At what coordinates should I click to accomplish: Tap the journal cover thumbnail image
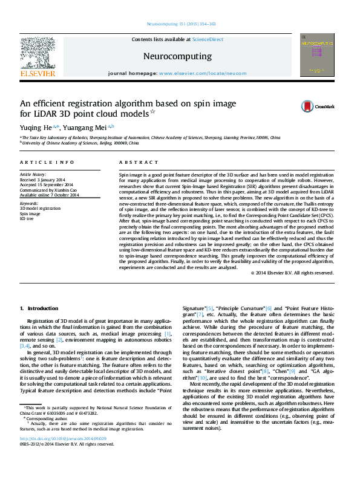[317, 55]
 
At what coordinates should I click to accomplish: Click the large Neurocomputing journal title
[177, 56]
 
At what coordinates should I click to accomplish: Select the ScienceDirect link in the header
[208, 39]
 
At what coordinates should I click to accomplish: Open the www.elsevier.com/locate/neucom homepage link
[203, 73]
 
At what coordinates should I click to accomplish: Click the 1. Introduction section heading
[39, 308]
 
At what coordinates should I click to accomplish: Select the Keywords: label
[28, 204]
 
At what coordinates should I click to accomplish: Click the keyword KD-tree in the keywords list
[27, 218]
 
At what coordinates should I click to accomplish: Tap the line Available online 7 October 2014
[48, 194]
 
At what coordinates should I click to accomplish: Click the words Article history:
[32, 175]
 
